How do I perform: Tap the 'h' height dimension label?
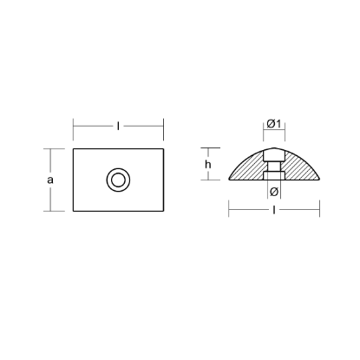[x=208, y=163]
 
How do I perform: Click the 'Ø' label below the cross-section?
[x=273, y=192]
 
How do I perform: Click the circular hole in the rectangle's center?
[x=117, y=180]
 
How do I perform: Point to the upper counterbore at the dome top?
[x=274, y=153]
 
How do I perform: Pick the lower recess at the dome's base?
[x=274, y=176]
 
